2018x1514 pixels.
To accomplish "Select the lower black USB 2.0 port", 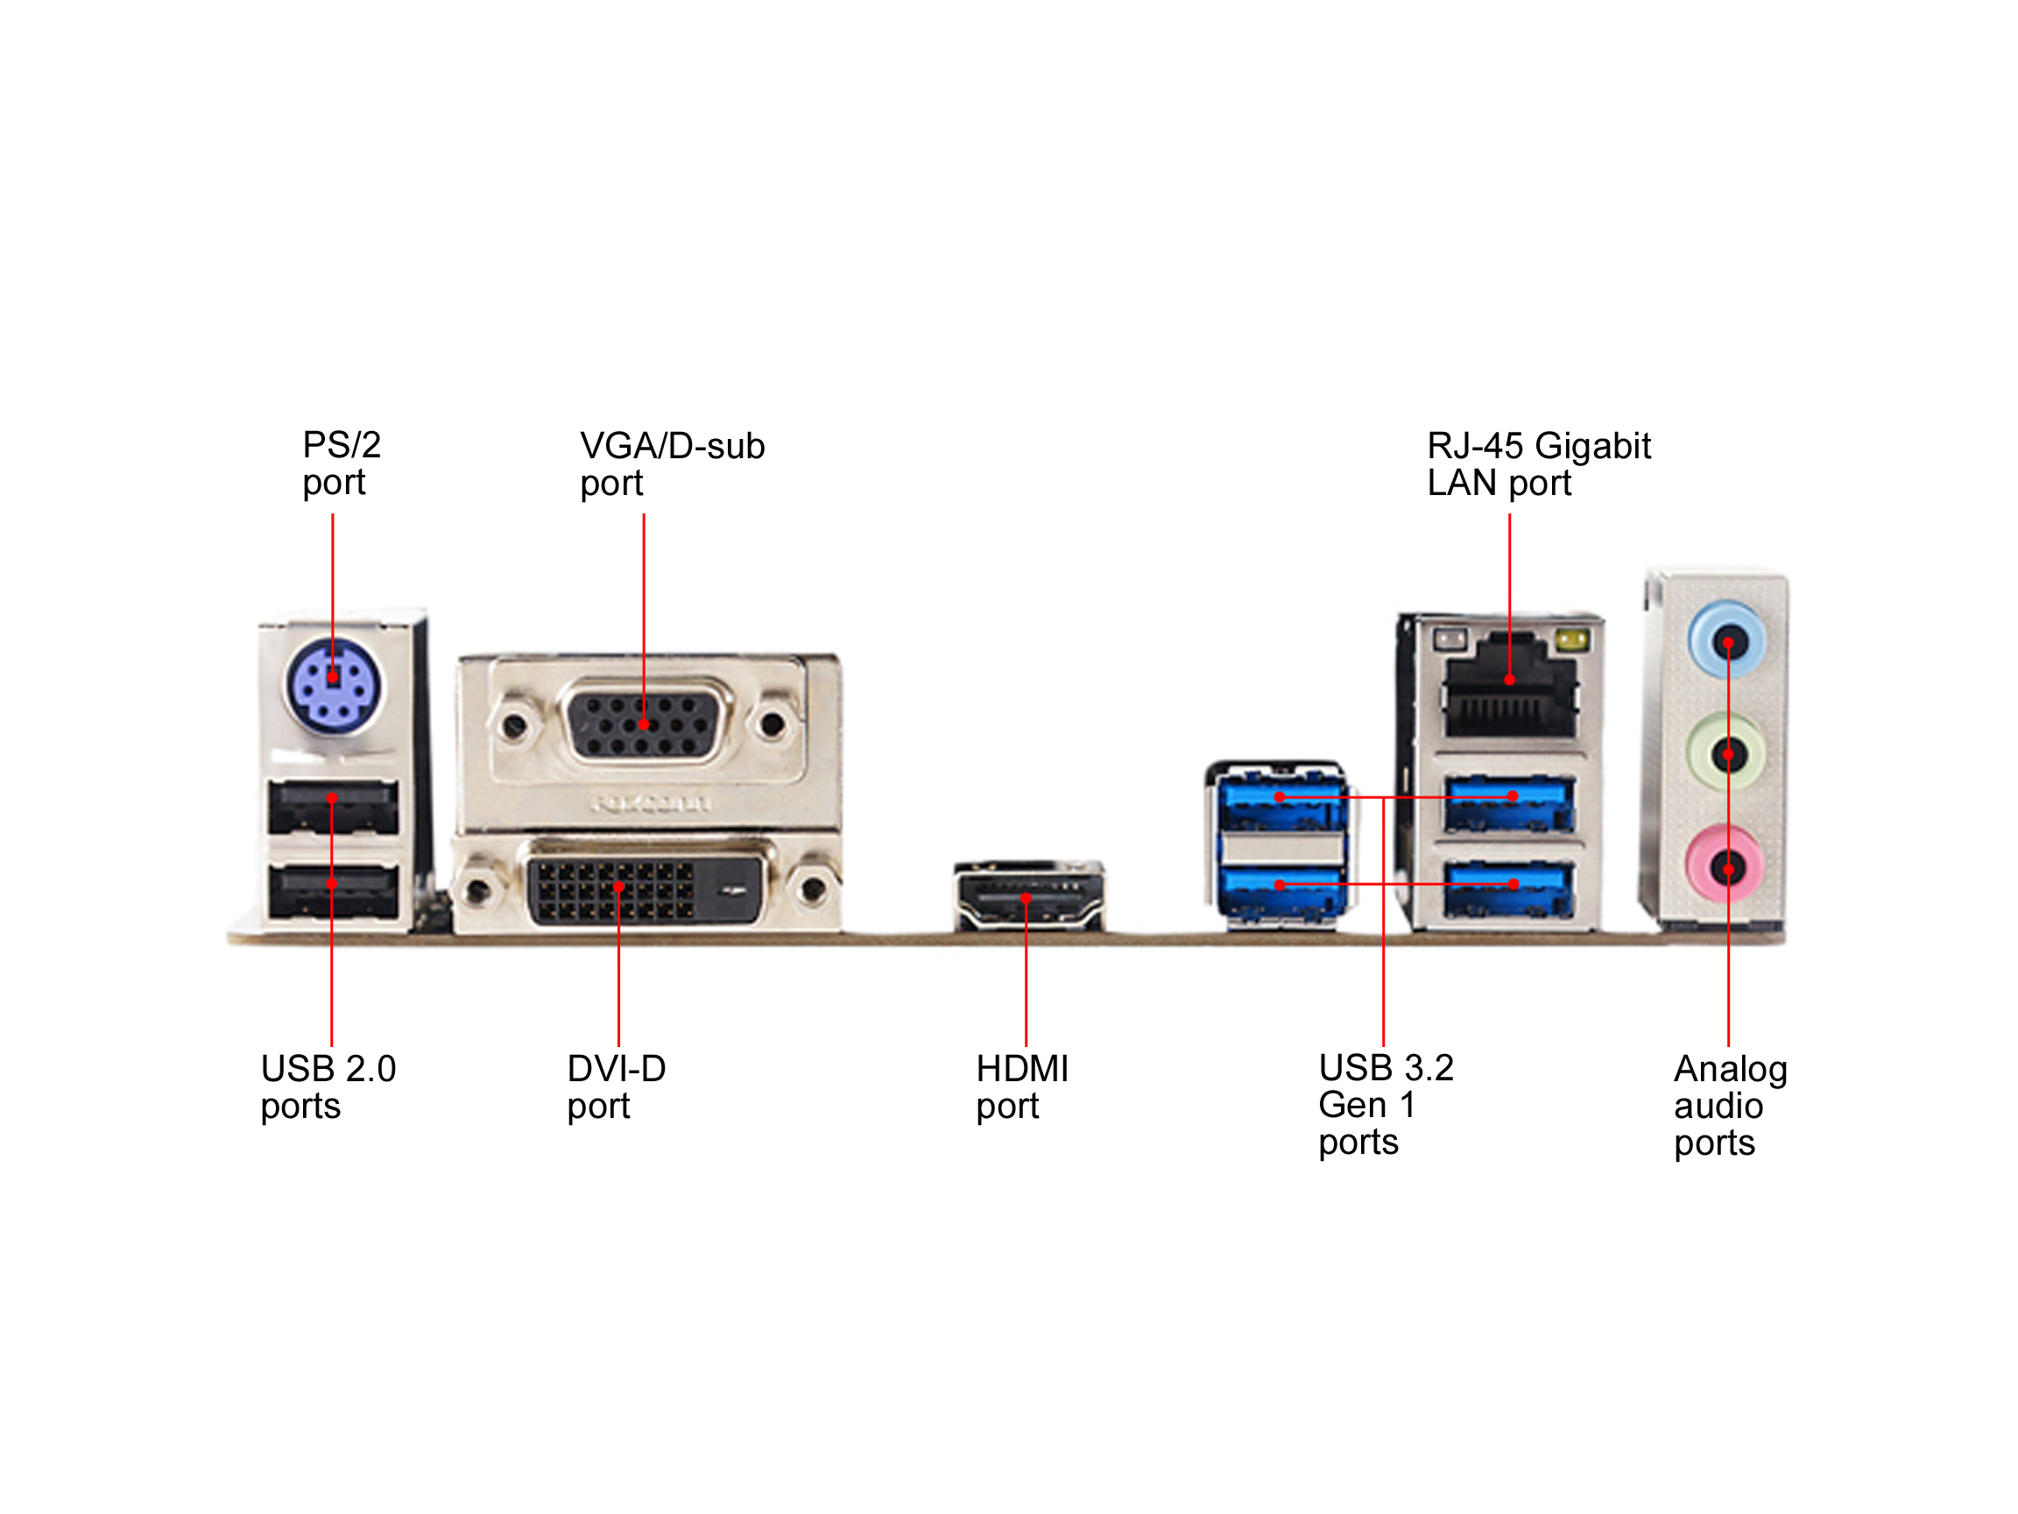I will (x=333, y=891).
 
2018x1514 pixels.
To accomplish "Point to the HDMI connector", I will (x=1028, y=899).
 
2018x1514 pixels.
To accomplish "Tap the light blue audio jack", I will (x=1727, y=642).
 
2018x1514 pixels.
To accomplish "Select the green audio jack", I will (x=1727, y=754).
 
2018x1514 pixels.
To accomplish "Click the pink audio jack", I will (x=1727, y=867).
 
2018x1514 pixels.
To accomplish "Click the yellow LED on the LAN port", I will (x=1571, y=640).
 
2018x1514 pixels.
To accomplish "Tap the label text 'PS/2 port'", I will (x=341, y=463).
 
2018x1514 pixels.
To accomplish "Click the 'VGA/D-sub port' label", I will (x=672, y=464).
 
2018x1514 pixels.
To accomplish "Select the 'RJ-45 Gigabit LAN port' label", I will (x=1538, y=464).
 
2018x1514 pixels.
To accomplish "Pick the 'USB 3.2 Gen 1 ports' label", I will (x=1385, y=1105).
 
